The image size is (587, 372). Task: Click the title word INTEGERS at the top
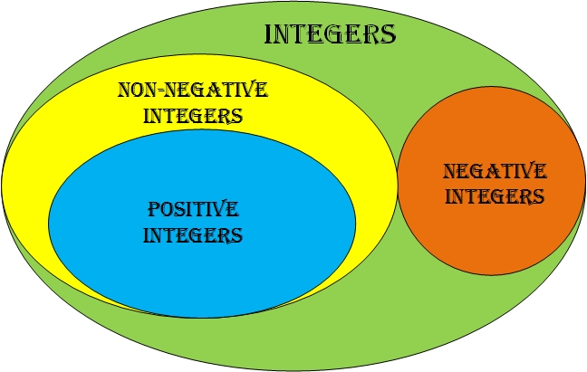click(x=330, y=35)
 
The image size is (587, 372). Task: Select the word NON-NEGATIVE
click(x=193, y=91)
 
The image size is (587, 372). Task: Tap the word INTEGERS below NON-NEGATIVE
click(x=193, y=116)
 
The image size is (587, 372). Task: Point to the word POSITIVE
click(x=193, y=210)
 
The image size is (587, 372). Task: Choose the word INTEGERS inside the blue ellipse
click(x=193, y=235)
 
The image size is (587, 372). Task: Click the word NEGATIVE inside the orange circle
click(x=495, y=171)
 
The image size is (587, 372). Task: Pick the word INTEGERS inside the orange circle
click(x=495, y=196)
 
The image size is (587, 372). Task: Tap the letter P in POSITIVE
click(x=153, y=210)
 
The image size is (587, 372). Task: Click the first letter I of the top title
click(x=268, y=35)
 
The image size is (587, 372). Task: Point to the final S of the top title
click(x=388, y=35)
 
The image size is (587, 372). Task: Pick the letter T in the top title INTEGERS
click(x=303, y=35)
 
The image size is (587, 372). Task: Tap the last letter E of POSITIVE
click(x=233, y=210)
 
